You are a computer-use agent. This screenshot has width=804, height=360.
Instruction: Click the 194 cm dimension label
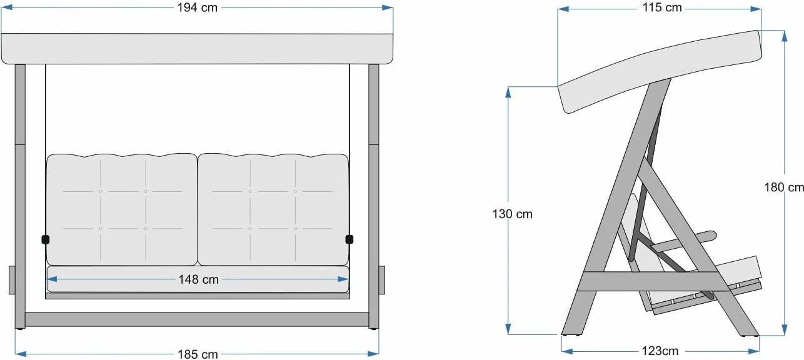pos(197,7)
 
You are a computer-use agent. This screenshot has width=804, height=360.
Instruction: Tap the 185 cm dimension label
pos(198,354)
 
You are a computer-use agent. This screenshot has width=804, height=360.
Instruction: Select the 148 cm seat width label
pos(198,279)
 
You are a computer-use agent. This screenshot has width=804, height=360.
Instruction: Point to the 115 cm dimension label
pos(662,7)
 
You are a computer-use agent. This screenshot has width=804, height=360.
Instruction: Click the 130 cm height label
pos(512,214)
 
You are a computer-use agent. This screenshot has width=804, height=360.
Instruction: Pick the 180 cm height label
pos(784,187)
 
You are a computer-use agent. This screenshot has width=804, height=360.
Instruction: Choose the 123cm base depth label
pos(660,351)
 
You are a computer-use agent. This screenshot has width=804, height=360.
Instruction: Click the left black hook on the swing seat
pos(46,239)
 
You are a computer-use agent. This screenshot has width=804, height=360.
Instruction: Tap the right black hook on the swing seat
pos(349,239)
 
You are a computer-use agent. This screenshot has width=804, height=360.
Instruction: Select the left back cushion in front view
pos(122,210)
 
